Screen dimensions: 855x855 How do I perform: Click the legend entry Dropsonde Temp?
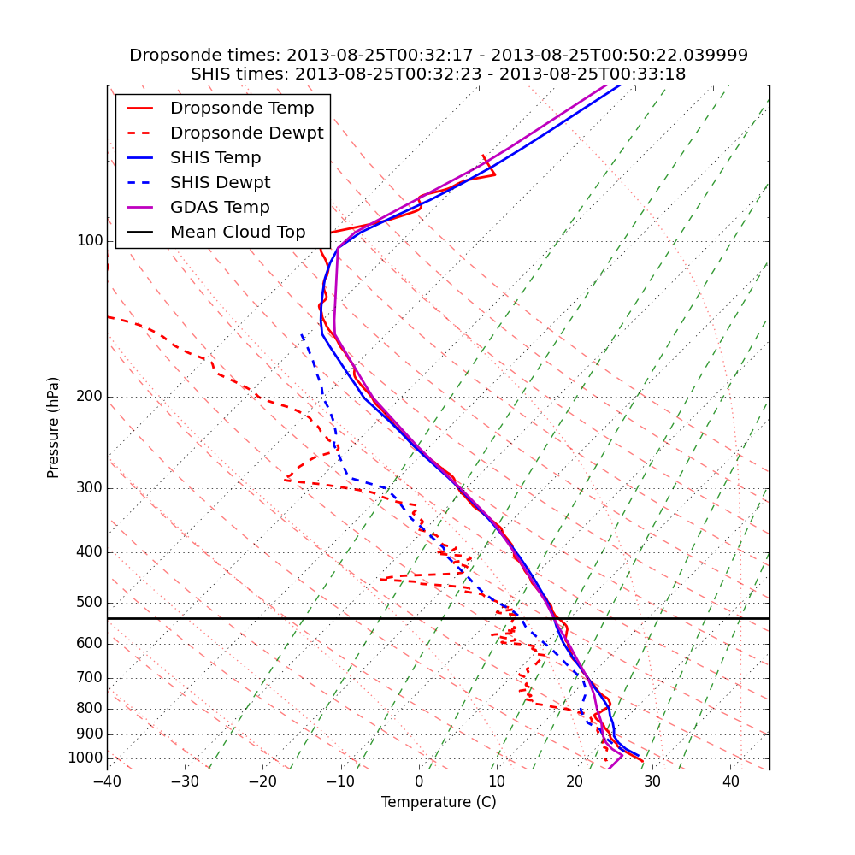click(242, 109)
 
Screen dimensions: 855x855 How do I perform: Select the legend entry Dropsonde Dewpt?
click(246, 133)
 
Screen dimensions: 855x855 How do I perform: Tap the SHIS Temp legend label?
click(215, 158)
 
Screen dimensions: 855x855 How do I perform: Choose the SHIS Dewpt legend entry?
click(220, 183)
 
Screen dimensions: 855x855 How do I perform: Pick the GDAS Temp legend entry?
click(220, 208)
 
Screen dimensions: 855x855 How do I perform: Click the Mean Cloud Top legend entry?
click(238, 233)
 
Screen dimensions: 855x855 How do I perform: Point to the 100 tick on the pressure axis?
click(90, 241)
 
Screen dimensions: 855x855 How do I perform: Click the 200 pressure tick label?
click(90, 397)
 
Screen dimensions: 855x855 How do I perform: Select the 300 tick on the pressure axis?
click(90, 488)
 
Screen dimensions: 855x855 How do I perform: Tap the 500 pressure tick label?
click(90, 603)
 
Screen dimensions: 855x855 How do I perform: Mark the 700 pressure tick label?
click(90, 678)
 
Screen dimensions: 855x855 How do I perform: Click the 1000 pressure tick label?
click(85, 758)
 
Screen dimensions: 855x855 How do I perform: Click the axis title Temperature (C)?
click(439, 803)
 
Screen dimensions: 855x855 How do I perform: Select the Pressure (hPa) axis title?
click(54, 427)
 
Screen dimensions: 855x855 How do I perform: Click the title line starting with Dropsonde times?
click(439, 56)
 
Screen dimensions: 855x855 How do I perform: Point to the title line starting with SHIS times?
click(439, 74)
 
